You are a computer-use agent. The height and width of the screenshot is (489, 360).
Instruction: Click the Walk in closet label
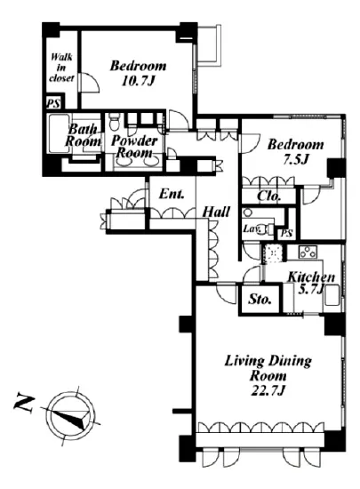point(61,68)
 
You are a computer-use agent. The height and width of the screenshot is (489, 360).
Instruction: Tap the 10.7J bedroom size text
point(138,82)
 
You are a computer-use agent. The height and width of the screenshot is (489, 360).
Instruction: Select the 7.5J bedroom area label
point(295,160)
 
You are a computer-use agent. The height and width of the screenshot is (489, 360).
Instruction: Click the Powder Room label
point(134,147)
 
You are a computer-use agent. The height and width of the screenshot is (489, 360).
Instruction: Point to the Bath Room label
point(83,135)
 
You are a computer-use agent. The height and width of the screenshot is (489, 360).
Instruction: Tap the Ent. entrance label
point(172,195)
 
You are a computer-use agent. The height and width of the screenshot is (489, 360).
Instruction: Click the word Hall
point(216,212)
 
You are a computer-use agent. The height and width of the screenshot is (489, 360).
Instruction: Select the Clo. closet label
point(269,196)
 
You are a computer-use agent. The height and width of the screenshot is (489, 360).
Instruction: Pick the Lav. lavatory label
point(252,228)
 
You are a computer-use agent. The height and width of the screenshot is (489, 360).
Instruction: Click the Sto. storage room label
point(260,300)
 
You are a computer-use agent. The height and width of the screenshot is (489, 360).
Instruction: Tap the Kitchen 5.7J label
point(311,283)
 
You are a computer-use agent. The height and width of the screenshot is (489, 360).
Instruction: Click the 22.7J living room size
point(268,390)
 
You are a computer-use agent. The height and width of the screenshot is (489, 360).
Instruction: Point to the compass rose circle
point(70,415)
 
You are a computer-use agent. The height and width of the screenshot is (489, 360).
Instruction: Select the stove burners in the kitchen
point(308,252)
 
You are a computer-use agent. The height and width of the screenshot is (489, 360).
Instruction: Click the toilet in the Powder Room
point(115,121)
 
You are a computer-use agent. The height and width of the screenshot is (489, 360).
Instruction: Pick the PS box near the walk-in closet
point(54,102)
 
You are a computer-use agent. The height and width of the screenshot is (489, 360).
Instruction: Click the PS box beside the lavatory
point(287,233)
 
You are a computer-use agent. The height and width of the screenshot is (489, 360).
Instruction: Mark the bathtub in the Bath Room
point(59,134)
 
